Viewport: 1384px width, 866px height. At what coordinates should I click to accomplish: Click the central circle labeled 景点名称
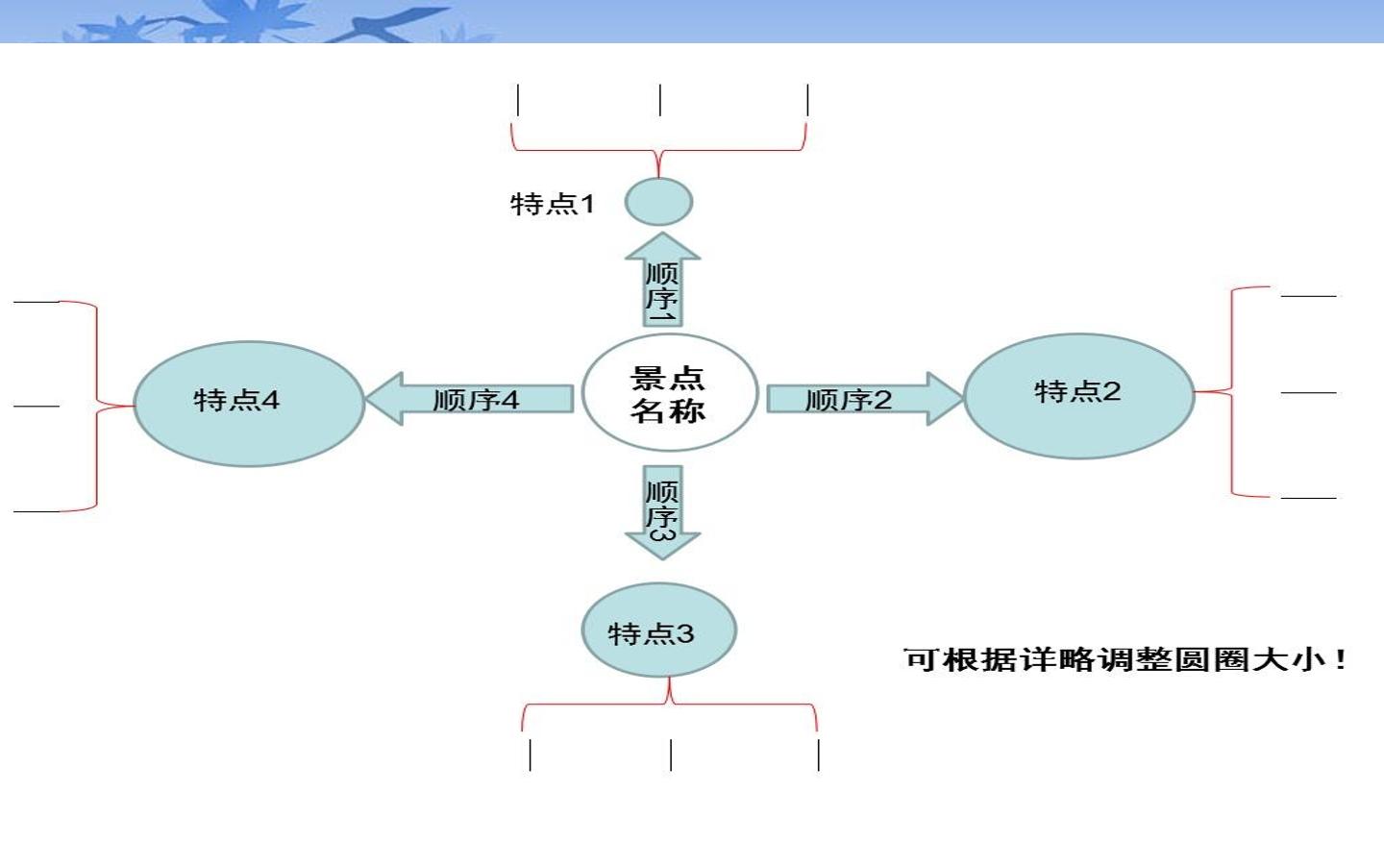point(670,393)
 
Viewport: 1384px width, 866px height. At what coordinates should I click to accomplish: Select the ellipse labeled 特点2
point(1078,396)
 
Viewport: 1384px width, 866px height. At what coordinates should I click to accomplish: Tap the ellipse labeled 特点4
point(249,404)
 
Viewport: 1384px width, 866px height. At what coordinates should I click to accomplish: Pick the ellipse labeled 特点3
point(658,631)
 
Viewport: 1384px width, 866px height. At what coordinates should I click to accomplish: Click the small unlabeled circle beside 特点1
point(658,202)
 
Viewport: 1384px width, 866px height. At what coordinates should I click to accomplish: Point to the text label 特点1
point(553,204)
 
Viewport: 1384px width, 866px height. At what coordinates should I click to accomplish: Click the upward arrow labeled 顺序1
point(663,279)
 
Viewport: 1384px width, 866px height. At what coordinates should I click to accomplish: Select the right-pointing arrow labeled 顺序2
point(865,399)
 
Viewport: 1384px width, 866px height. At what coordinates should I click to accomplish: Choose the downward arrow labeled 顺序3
point(663,512)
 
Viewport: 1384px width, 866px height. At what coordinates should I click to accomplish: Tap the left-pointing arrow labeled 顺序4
point(470,399)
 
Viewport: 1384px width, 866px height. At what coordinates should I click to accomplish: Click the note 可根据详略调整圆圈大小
point(1124,659)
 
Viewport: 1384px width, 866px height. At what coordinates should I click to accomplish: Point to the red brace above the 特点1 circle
point(658,150)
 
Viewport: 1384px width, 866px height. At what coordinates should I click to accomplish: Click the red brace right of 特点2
point(1232,391)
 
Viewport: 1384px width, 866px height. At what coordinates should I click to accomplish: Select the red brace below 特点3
point(670,703)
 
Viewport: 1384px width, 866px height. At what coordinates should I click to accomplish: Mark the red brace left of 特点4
point(97,407)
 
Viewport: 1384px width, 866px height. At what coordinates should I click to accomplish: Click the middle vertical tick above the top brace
point(660,100)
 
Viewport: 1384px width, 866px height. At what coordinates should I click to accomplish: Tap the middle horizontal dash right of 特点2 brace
point(1309,392)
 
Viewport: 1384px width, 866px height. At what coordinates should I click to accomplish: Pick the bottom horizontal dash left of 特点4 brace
point(37,511)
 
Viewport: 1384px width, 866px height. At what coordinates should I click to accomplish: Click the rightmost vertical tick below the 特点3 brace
point(819,755)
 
